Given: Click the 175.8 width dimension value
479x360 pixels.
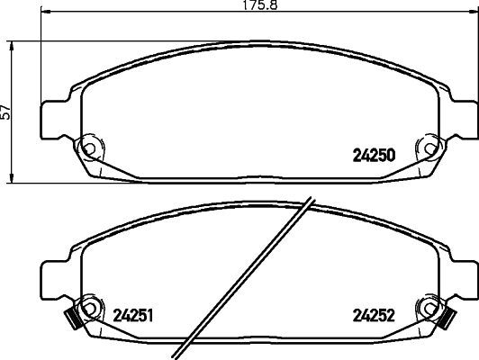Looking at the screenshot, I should point(231,6).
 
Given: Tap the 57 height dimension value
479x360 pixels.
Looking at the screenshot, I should point(7,112).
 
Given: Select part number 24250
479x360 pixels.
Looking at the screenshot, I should point(373,153).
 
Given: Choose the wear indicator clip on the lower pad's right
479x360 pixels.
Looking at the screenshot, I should point(447,317).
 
